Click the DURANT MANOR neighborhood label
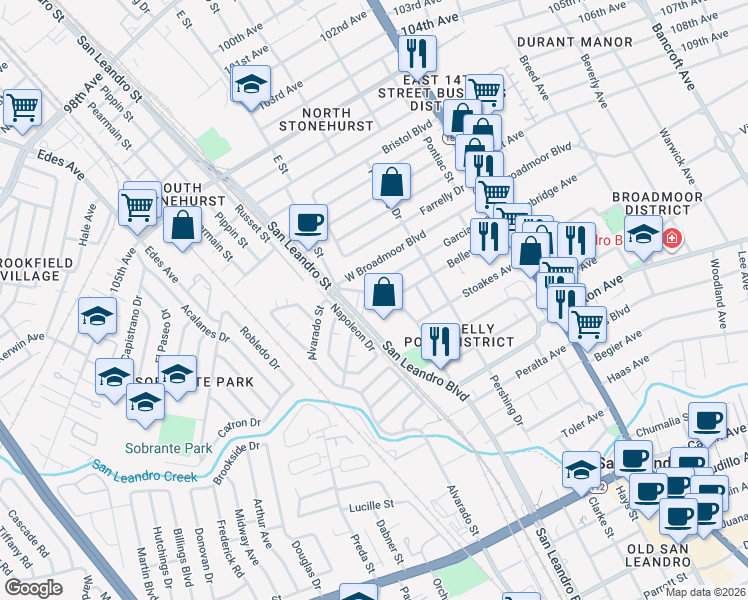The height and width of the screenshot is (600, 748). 575,42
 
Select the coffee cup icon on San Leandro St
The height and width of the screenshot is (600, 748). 308,222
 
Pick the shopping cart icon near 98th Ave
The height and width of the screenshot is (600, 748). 22,108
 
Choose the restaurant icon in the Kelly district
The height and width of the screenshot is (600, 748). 439,341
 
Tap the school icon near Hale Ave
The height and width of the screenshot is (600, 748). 97,315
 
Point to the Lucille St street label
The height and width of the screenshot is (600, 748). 372,507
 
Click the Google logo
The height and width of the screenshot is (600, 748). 33,587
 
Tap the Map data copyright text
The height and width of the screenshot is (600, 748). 706,592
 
